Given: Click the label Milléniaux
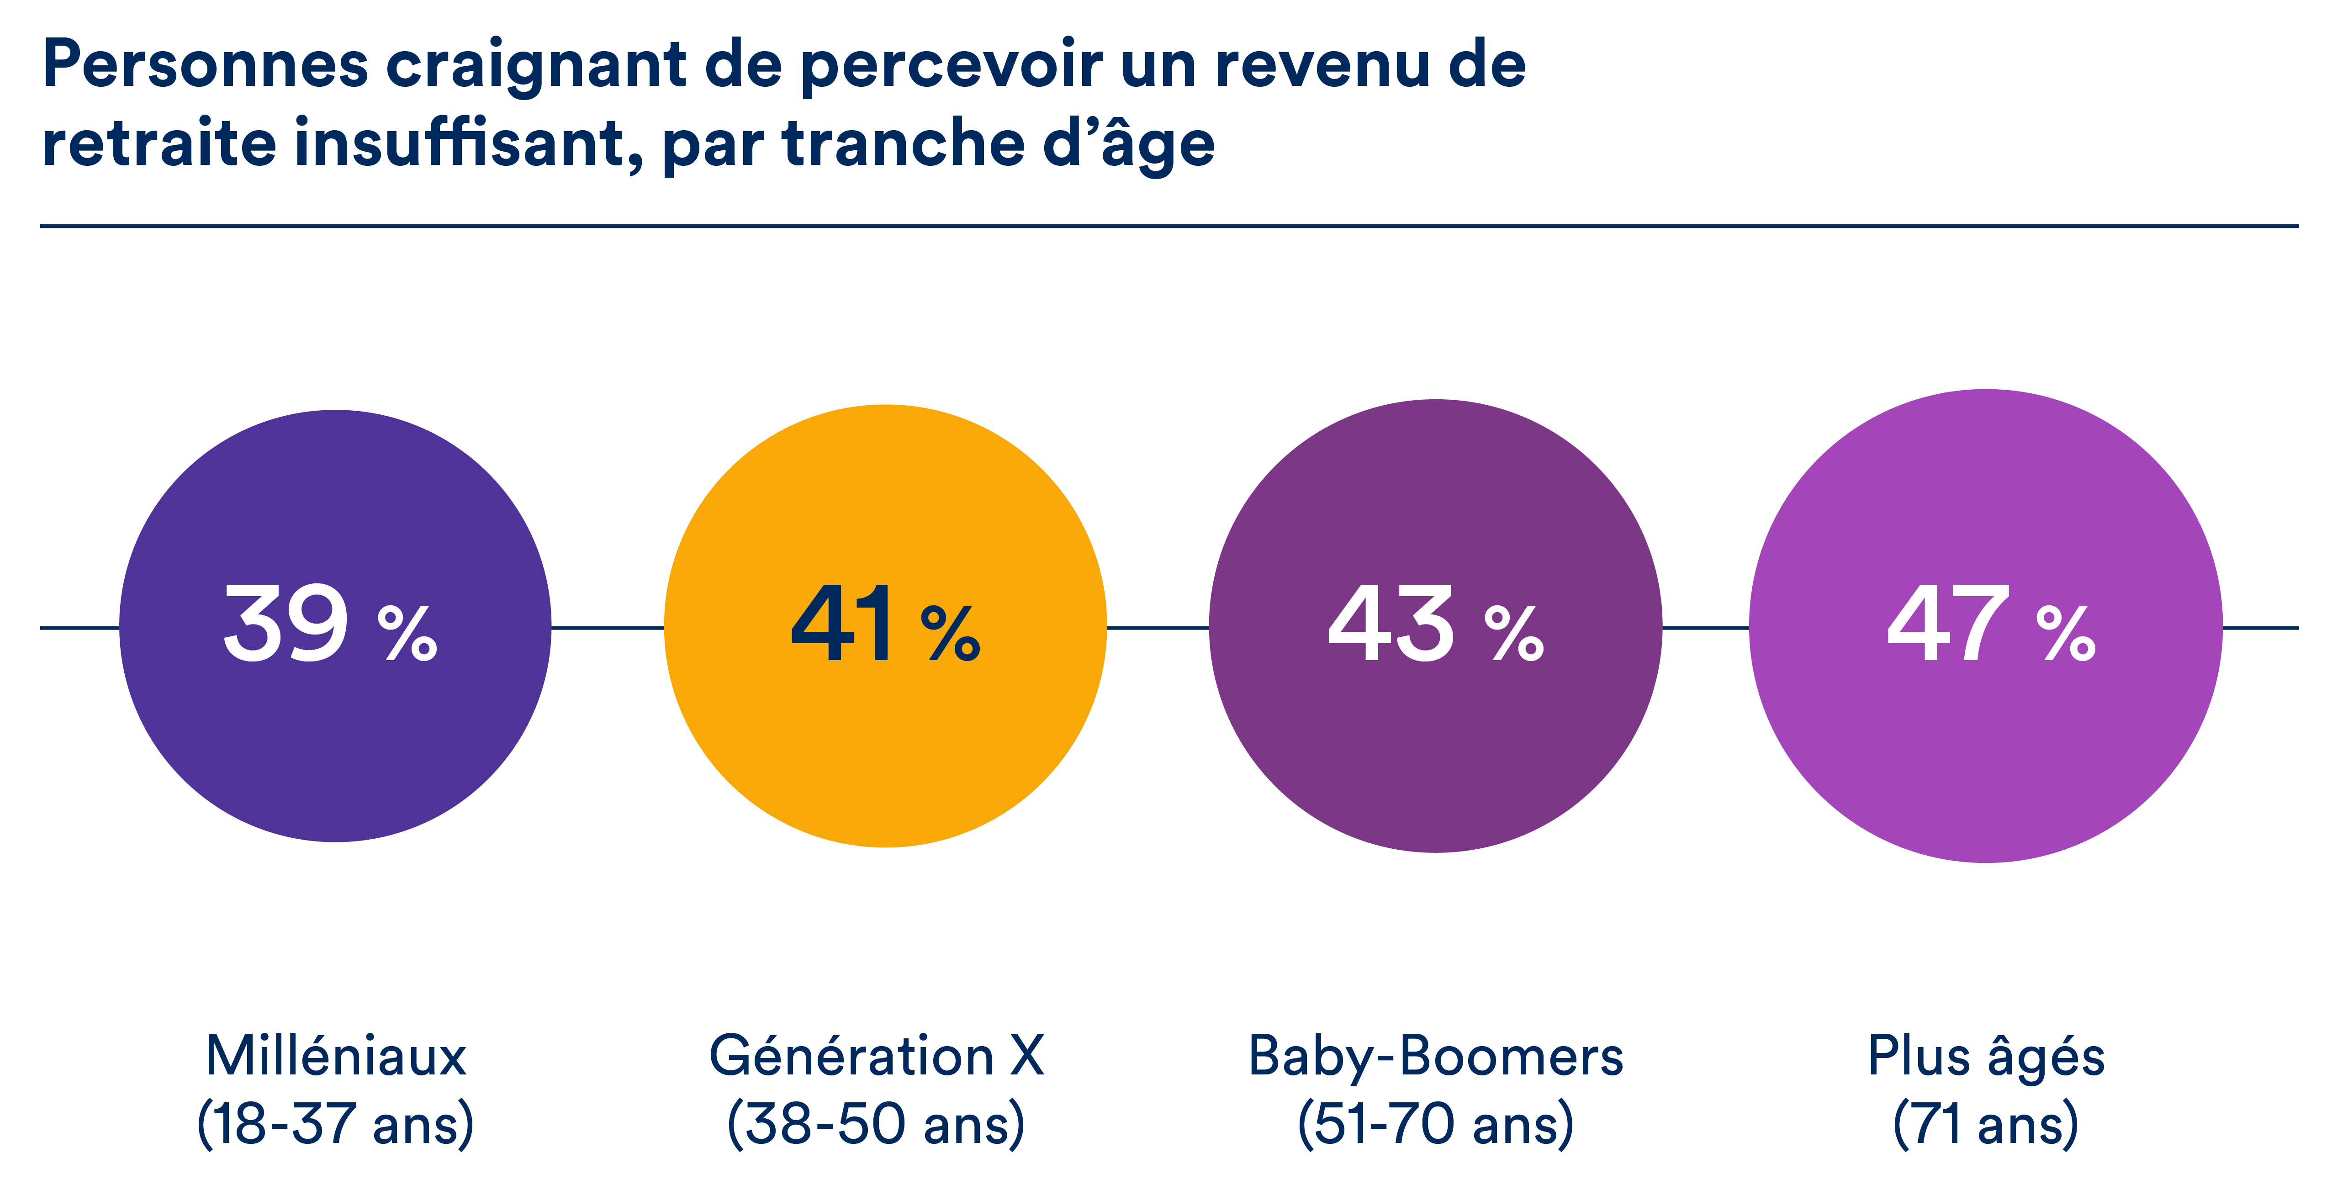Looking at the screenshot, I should click(x=336, y=1057).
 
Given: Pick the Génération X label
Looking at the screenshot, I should click(x=876, y=1057).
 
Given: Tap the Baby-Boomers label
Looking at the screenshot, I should click(x=1435, y=1057).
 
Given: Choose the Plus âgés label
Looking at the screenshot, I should click(x=1986, y=1057).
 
